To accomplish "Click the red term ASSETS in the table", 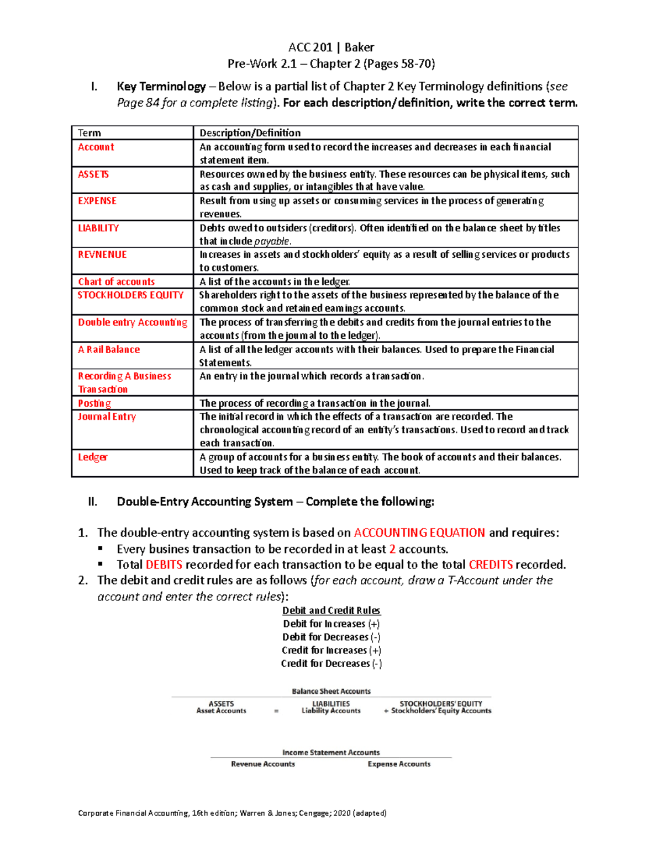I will click(93, 174).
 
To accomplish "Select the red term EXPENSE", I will click(97, 201).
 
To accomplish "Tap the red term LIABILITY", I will click(98, 228).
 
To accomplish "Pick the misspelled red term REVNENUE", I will click(102, 254).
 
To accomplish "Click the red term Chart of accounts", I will click(116, 281).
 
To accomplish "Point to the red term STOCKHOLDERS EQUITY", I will click(130, 295).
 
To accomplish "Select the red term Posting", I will click(94, 403).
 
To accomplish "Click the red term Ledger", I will click(92, 457).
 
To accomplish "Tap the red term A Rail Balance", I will click(109, 349).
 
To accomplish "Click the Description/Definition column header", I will click(250, 133).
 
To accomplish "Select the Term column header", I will click(90, 133).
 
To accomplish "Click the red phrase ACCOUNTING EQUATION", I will click(419, 533).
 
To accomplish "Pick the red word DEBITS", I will click(164, 565).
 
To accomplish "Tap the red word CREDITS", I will click(491, 565).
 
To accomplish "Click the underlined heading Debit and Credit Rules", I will click(331, 610).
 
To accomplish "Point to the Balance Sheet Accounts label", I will click(331, 691).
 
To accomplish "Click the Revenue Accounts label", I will click(263, 764).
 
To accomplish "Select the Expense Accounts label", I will click(399, 764).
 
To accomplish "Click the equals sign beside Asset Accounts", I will click(276, 711).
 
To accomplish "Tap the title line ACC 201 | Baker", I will click(331, 47).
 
